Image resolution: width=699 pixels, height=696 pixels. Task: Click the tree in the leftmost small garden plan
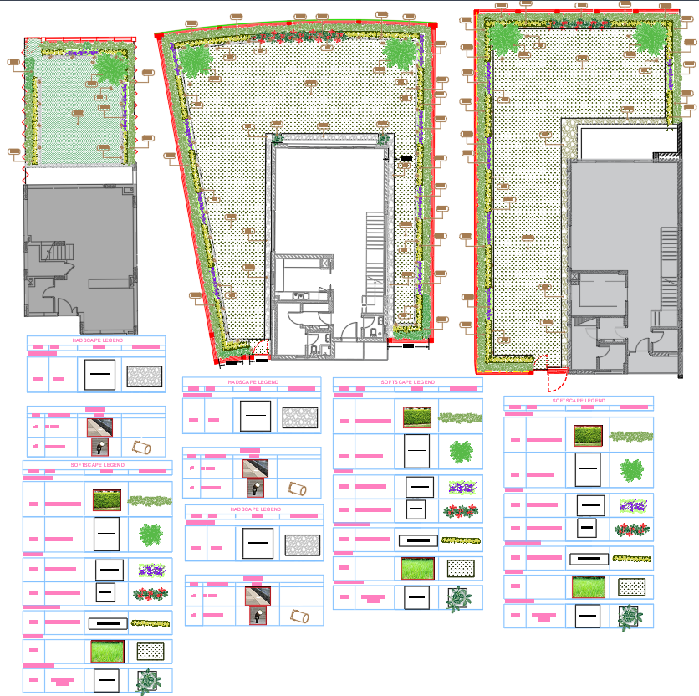(x=110, y=69)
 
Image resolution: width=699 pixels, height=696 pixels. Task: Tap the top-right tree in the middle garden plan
(x=401, y=52)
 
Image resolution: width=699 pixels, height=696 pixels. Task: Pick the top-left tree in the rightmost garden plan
(x=504, y=38)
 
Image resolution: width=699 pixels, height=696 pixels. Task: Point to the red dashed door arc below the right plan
(x=556, y=381)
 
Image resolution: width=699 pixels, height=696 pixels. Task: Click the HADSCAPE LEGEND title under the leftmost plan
(x=98, y=340)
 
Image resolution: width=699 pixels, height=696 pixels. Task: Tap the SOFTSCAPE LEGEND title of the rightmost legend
(x=578, y=401)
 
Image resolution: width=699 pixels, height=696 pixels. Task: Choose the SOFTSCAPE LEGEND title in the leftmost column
(x=97, y=464)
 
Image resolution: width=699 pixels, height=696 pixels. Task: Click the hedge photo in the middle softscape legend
(x=416, y=417)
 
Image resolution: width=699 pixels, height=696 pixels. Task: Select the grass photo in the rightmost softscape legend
(x=589, y=587)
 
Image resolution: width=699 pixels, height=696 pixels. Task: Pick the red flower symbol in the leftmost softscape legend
(x=151, y=594)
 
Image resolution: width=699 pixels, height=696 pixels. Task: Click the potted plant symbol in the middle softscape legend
(x=457, y=599)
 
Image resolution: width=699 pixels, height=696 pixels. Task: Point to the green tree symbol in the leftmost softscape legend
(x=151, y=535)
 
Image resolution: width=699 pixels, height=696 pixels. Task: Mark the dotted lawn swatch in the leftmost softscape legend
(x=151, y=650)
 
